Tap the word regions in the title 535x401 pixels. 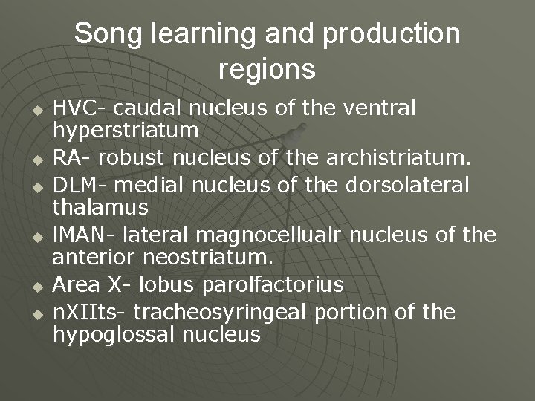coord(267,69)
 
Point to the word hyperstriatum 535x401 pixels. coord(125,131)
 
